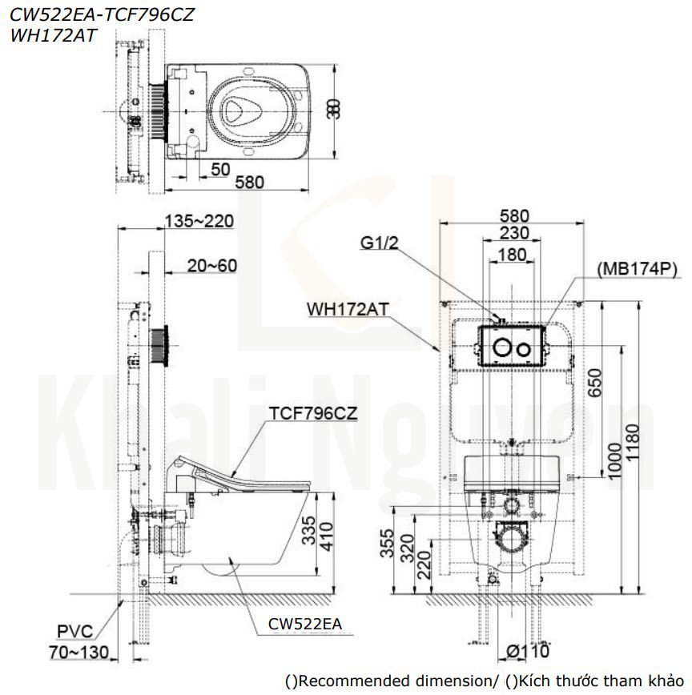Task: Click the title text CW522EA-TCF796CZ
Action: pos(102,14)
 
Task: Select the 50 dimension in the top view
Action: pos(222,170)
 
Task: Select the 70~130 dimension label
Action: pos(78,653)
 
